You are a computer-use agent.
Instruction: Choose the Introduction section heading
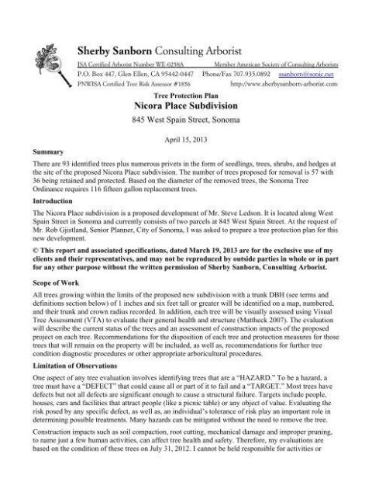pos(53,200)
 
